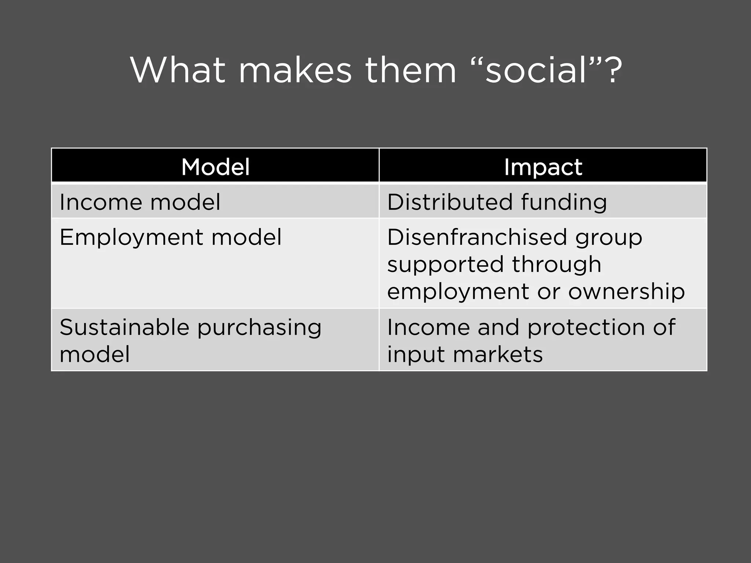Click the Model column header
point(215,167)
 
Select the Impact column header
point(543,167)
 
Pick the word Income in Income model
point(99,202)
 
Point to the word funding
point(564,203)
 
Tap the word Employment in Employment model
point(131,238)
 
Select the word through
point(557,265)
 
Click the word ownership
point(626,292)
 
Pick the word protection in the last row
point(586,327)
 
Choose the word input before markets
point(415,355)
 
